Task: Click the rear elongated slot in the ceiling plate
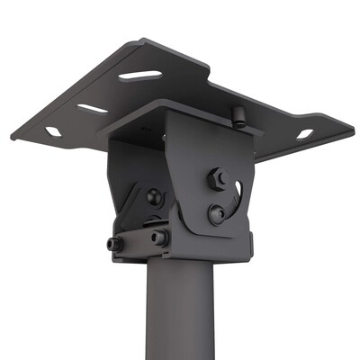tap(141, 75)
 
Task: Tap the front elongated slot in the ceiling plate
tap(93, 108)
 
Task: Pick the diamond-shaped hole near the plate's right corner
tap(304, 134)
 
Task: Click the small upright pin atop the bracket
tap(238, 115)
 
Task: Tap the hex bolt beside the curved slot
tap(217, 179)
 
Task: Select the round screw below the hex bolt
tap(216, 214)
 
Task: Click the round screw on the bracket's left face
tap(154, 196)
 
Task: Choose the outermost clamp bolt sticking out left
tap(114, 243)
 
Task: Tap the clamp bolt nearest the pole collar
tap(158, 238)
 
